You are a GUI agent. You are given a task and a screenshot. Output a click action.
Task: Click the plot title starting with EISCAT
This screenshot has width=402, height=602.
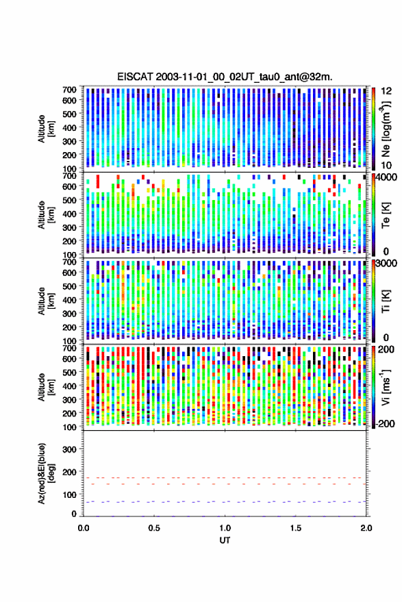[x=225, y=77]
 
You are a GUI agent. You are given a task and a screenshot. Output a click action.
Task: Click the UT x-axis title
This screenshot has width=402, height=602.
[x=225, y=540]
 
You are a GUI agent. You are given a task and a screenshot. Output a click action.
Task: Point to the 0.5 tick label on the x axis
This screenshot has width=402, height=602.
[x=154, y=528]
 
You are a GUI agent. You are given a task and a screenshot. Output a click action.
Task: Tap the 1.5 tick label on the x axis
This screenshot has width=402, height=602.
[x=296, y=528]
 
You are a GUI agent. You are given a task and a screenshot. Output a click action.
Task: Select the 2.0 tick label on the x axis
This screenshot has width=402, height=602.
[x=366, y=528]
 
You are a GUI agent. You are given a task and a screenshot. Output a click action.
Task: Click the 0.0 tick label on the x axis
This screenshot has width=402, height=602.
[x=84, y=528]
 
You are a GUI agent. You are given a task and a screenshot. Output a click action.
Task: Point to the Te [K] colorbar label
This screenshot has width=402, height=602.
[x=386, y=215]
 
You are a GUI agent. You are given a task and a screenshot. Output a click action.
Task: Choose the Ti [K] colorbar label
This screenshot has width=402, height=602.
[x=386, y=301]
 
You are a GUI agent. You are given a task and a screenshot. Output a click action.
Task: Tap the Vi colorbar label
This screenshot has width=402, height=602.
[x=386, y=387]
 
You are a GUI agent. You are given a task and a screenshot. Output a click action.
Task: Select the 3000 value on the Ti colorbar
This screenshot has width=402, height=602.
[x=386, y=264]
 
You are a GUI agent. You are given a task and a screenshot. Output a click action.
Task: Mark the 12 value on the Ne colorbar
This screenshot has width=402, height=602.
[x=386, y=91]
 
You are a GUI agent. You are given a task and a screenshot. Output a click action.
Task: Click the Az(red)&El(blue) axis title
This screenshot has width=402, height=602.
[x=46, y=474]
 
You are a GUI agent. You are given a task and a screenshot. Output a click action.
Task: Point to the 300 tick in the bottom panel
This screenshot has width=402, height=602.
[x=69, y=449]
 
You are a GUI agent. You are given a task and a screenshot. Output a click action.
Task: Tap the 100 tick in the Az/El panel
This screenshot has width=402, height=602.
[x=69, y=494]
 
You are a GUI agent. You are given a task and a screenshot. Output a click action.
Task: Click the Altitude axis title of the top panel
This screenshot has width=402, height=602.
[x=46, y=129]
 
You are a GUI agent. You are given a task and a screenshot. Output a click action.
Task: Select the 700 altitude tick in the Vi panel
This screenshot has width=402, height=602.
[x=69, y=348]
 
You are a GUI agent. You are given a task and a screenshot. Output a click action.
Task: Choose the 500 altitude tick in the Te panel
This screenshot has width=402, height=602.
[x=69, y=200]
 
